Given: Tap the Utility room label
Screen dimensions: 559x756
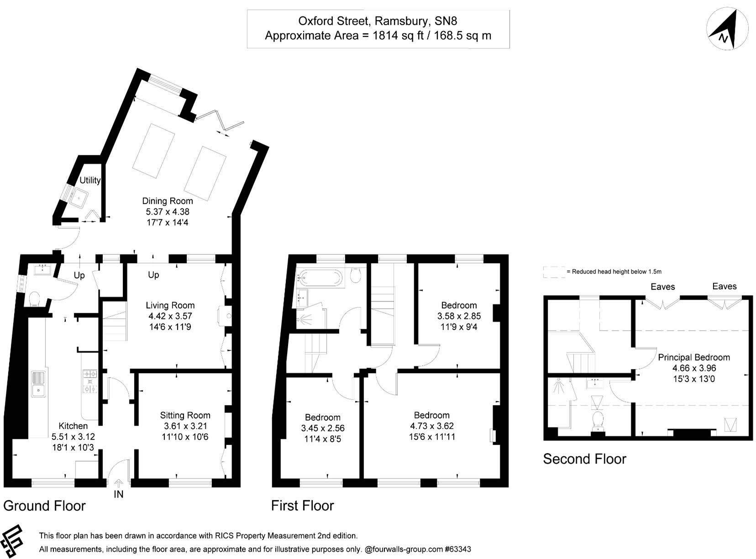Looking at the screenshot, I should [89, 180].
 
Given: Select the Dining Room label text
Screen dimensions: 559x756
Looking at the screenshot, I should [168, 201].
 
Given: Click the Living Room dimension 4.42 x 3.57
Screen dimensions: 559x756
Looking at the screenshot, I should [170, 316].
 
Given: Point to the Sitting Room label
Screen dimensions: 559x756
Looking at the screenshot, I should [185, 415].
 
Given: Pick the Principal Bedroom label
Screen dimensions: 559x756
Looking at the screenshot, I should [693, 357].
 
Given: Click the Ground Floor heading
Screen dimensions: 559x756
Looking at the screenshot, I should [44, 506].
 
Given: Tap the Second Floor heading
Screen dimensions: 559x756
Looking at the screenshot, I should [584, 459].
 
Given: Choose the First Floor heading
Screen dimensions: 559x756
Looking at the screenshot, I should [302, 506].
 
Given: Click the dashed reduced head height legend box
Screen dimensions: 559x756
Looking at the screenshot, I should [554, 272].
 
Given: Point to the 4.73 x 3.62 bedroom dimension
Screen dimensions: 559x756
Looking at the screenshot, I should [431, 426].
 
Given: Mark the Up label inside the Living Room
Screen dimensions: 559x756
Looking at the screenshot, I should [153, 275].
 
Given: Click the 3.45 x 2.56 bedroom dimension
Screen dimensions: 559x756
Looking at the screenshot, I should [322, 428].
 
